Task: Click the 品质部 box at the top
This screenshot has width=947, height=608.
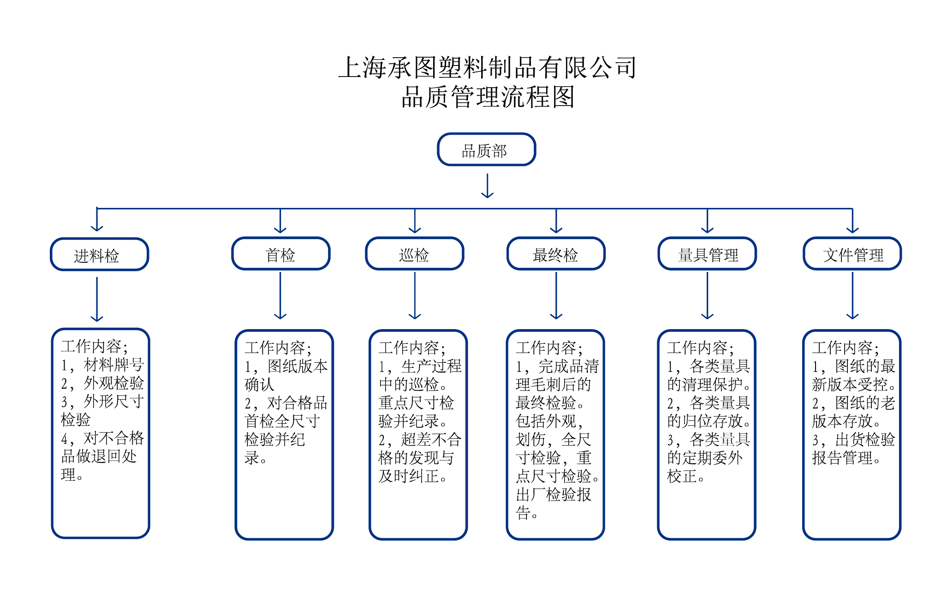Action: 486,149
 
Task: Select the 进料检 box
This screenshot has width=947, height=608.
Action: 99,254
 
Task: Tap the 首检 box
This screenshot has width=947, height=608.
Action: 280,254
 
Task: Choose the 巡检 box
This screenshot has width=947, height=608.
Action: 414,254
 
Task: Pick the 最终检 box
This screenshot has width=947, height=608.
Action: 556,254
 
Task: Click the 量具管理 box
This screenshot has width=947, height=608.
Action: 707,254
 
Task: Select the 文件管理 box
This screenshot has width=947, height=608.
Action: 852,254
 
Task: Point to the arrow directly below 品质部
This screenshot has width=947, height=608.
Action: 487,185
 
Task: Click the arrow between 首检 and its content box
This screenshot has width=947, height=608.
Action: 280,295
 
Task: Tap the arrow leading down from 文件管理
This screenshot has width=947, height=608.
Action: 852,295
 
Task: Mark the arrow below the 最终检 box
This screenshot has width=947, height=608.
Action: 556,295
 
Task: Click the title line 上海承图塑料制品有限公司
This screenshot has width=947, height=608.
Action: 487,67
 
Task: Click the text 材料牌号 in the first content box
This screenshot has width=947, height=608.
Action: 113,365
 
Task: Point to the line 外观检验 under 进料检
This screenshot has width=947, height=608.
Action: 113,383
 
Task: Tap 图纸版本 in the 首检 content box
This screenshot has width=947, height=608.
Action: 297,366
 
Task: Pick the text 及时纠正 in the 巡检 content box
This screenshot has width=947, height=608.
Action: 409,476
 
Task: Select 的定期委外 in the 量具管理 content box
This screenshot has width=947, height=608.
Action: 704,458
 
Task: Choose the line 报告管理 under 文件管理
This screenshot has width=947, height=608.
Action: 842,458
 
